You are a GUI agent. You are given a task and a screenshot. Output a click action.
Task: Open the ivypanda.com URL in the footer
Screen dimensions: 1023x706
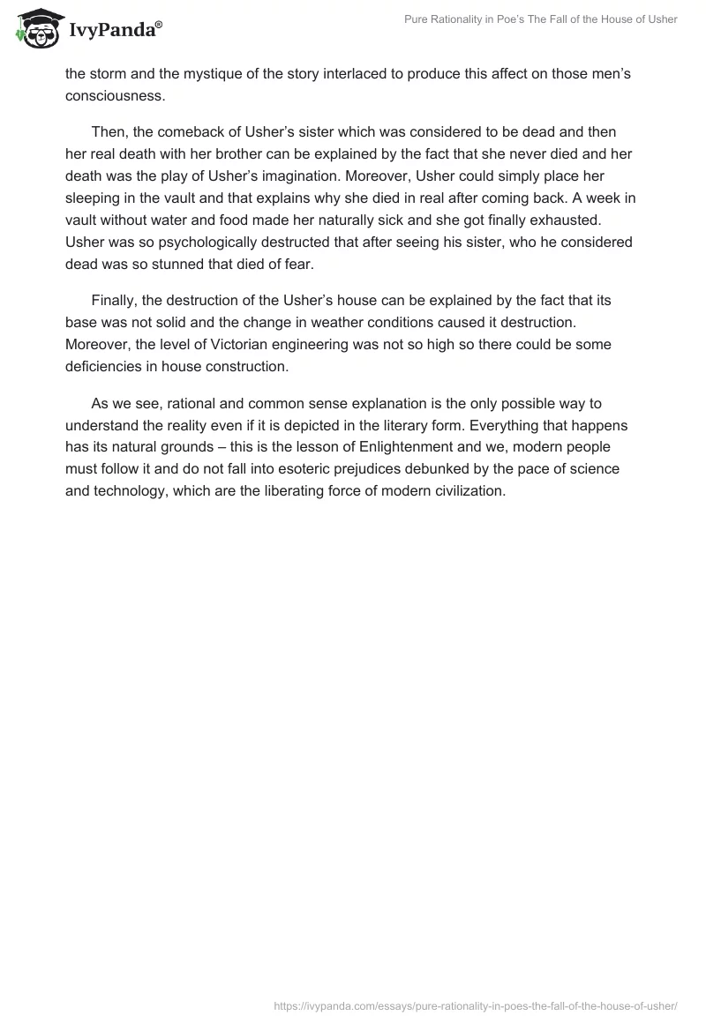point(476,1004)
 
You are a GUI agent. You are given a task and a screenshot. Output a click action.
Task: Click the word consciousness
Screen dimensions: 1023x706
point(115,95)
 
